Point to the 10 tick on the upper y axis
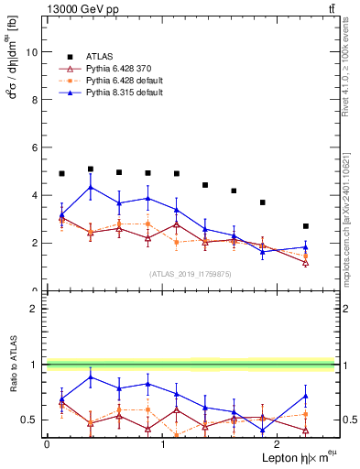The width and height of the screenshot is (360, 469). (x=34, y=52)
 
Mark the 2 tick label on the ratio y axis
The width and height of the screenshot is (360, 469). (x=37, y=309)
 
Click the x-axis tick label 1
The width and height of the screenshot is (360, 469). (x=162, y=442)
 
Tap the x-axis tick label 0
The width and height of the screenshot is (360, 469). (x=47, y=442)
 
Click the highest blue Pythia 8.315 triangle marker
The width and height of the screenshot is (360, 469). (x=90, y=188)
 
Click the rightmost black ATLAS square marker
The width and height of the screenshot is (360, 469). (x=306, y=226)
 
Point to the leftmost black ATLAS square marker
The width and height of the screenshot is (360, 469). (x=61, y=174)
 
